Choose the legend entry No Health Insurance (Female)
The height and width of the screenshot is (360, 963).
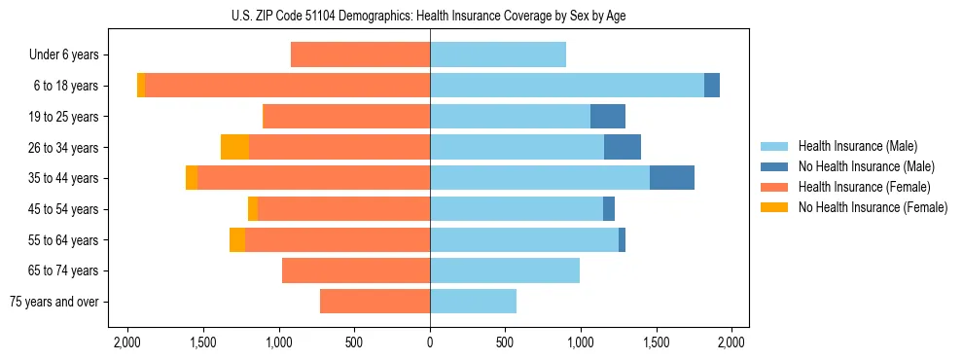872,207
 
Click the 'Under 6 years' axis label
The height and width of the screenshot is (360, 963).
64,55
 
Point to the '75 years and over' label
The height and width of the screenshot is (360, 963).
54,302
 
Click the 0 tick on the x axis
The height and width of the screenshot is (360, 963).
430,342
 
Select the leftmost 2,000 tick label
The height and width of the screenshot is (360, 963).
128,342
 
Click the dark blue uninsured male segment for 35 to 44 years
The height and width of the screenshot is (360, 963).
671,178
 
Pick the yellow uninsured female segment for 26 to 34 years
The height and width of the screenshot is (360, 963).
234,147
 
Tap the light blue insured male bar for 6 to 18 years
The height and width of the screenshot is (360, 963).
566,86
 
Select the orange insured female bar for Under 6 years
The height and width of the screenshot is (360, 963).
360,55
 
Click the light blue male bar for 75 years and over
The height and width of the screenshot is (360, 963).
473,302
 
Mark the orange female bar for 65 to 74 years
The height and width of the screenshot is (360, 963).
356,270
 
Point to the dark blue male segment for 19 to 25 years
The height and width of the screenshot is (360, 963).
607,117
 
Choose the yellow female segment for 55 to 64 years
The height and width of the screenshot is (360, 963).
236,239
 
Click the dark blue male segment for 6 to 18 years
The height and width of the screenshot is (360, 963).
711,86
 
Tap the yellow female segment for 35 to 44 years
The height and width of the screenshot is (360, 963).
192,178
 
